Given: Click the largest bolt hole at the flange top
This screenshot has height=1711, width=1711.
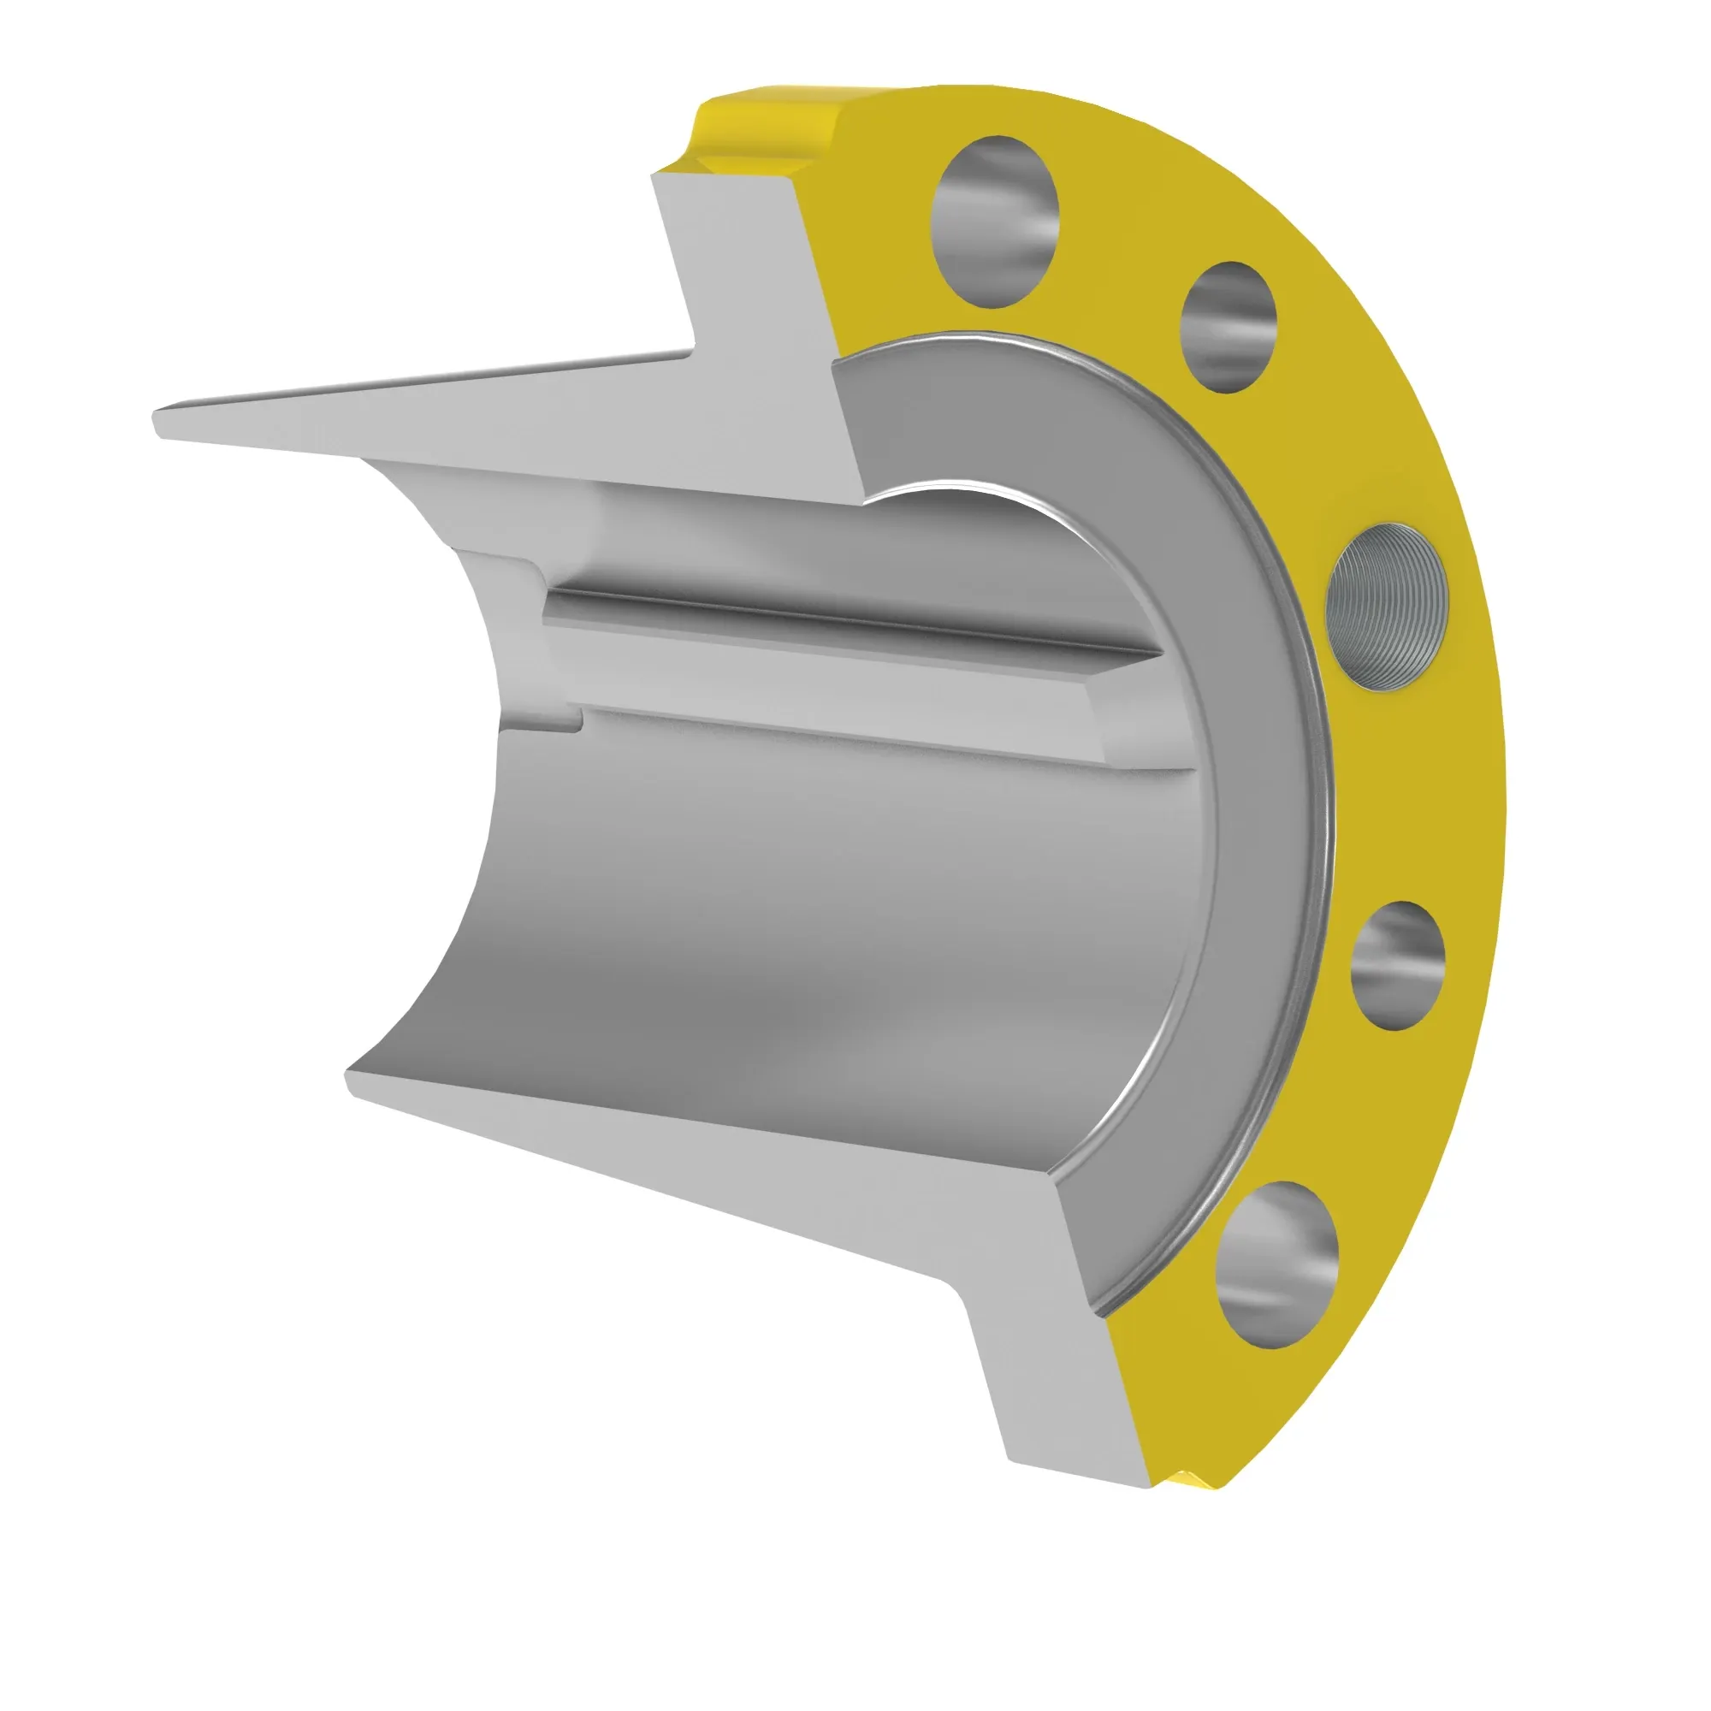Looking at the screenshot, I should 995,222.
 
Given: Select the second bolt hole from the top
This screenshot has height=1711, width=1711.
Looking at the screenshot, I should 1229,327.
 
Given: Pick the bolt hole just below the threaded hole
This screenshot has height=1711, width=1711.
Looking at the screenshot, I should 1397,966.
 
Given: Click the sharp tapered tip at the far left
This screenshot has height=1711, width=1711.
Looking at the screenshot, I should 164,423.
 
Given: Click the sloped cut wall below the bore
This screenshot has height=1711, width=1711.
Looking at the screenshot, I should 708,1160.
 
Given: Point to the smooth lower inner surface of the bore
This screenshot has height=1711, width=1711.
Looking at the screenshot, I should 797,930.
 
